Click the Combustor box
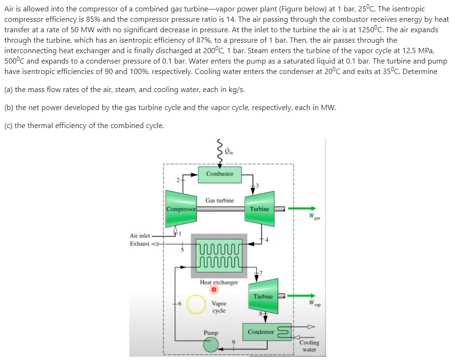219,174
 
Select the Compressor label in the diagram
181,209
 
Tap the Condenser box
261,332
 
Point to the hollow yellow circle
195,304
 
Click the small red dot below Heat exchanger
214,290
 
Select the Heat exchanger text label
219,282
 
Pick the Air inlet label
140,236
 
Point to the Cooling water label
309,346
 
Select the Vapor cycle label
219,307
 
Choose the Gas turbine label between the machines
219,200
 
